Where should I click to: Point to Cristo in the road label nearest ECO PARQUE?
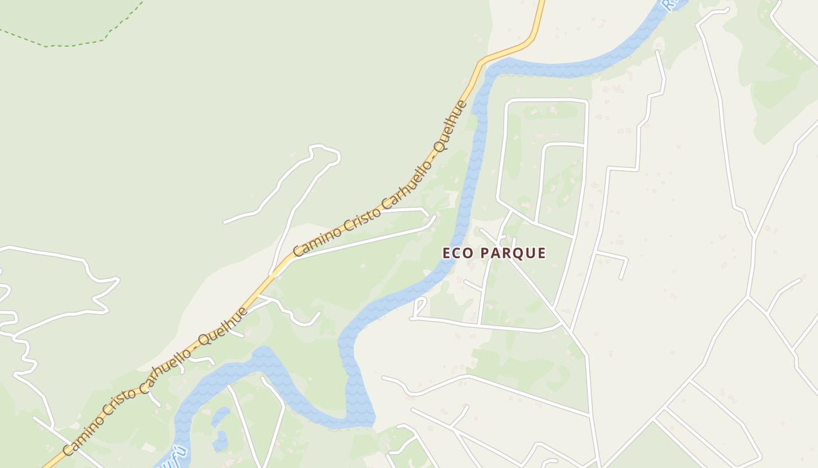(x=361, y=211)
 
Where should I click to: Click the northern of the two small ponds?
(x=220, y=417)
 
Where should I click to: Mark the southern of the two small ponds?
(x=220, y=441)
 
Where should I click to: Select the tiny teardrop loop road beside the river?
(x=420, y=307)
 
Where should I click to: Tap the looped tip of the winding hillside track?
(x=325, y=151)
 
